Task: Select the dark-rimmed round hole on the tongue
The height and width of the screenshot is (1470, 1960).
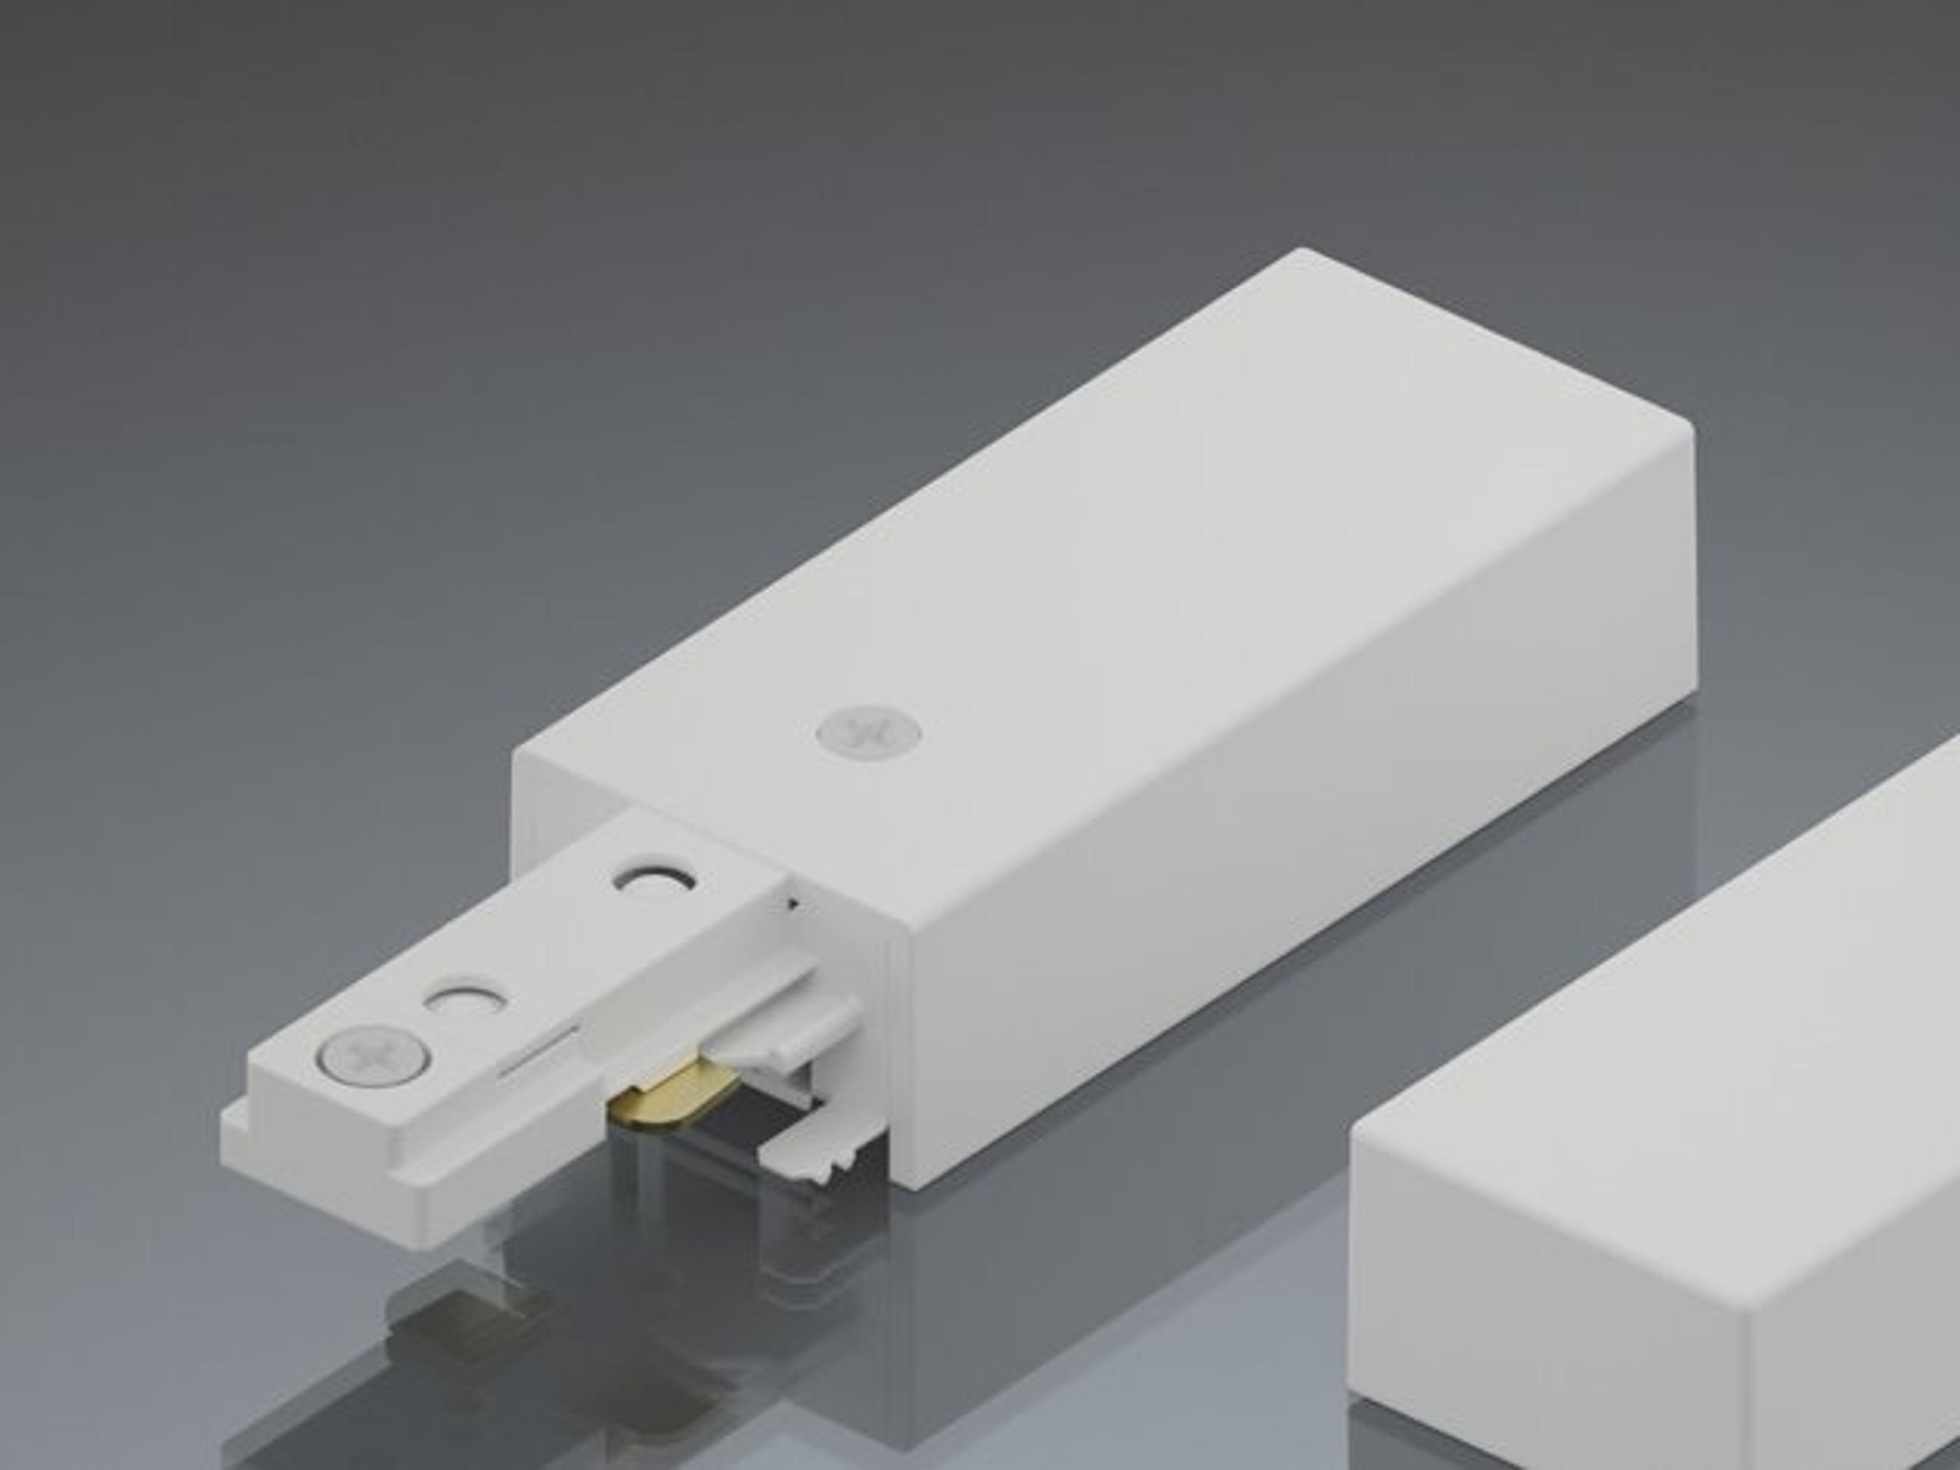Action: pyautogui.click(x=654, y=884)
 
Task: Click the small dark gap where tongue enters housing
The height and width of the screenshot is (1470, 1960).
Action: pyautogui.click(x=791, y=904)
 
